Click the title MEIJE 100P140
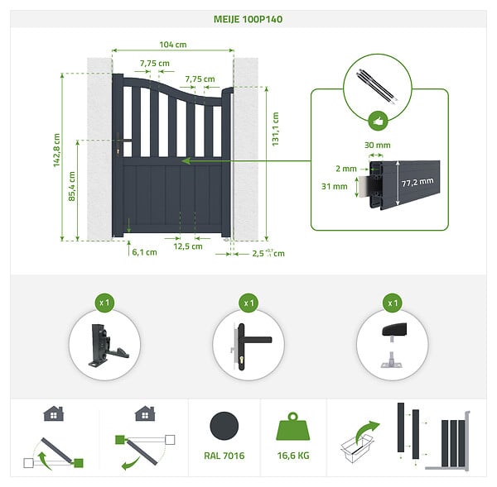[x=248, y=19]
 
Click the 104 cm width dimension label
[x=173, y=45]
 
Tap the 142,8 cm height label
[x=56, y=150]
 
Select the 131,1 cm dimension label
[x=276, y=129]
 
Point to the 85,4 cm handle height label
[x=72, y=186]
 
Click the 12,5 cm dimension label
[x=188, y=246]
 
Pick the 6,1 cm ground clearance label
[x=144, y=252]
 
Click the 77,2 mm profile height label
[x=417, y=182]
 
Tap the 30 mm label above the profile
[x=377, y=146]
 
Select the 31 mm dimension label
[x=335, y=186]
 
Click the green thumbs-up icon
[x=379, y=121]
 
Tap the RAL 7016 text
[x=224, y=456]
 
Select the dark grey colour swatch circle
[x=224, y=426]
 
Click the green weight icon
[x=293, y=426]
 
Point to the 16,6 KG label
[x=293, y=456]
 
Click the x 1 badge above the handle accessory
[x=248, y=303]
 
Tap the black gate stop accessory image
[x=393, y=346]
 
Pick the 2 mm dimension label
[x=346, y=169]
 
